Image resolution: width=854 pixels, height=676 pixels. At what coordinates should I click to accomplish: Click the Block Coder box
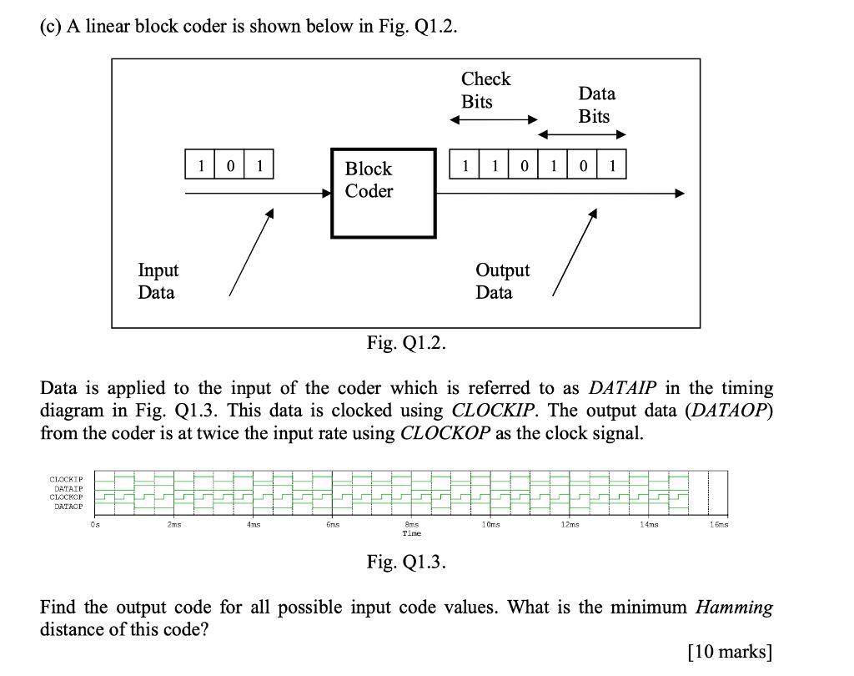point(383,193)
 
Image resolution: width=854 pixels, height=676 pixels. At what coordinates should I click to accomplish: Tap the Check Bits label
point(485,90)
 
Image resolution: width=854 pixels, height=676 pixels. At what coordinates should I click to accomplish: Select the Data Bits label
point(595,105)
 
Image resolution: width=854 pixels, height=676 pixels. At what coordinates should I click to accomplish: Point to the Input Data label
point(158,281)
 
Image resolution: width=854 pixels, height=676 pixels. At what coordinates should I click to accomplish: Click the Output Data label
point(502,281)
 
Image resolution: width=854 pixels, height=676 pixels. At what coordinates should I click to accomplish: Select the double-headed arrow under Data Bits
point(582,134)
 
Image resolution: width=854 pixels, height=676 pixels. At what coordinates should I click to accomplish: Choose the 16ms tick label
point(717,524)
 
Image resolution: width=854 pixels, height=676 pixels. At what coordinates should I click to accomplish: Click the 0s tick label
point(95,524)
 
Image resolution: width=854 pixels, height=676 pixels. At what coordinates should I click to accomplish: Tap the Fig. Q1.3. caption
point(406,562)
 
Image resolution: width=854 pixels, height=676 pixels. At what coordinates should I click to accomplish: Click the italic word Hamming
point(734,607)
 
